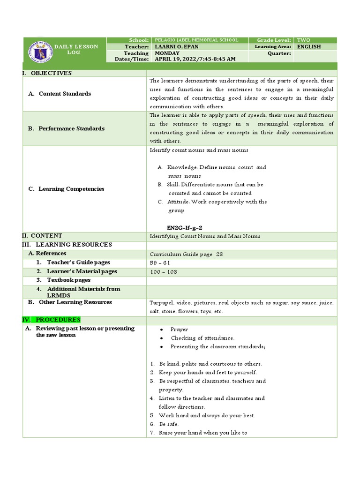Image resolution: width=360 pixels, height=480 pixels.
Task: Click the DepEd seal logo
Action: coord(40,51)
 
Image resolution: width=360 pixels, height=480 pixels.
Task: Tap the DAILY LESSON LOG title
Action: coord(76,49)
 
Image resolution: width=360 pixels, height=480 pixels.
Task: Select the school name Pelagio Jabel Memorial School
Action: coord(196,40)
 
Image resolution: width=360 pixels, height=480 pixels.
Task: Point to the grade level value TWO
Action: coord(303,40)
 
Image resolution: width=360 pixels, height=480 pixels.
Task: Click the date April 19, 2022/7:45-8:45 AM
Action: coord(195,59)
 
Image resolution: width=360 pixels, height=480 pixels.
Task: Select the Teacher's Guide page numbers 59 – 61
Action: coord(160,263)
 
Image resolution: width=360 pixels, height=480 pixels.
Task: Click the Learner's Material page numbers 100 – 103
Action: coord(164,272)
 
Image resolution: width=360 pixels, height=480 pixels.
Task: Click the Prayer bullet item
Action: coord(179,330)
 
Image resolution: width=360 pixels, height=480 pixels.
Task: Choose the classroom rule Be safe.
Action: coord(169,424)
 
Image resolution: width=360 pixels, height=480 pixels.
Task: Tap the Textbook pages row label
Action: coord(69,280)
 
